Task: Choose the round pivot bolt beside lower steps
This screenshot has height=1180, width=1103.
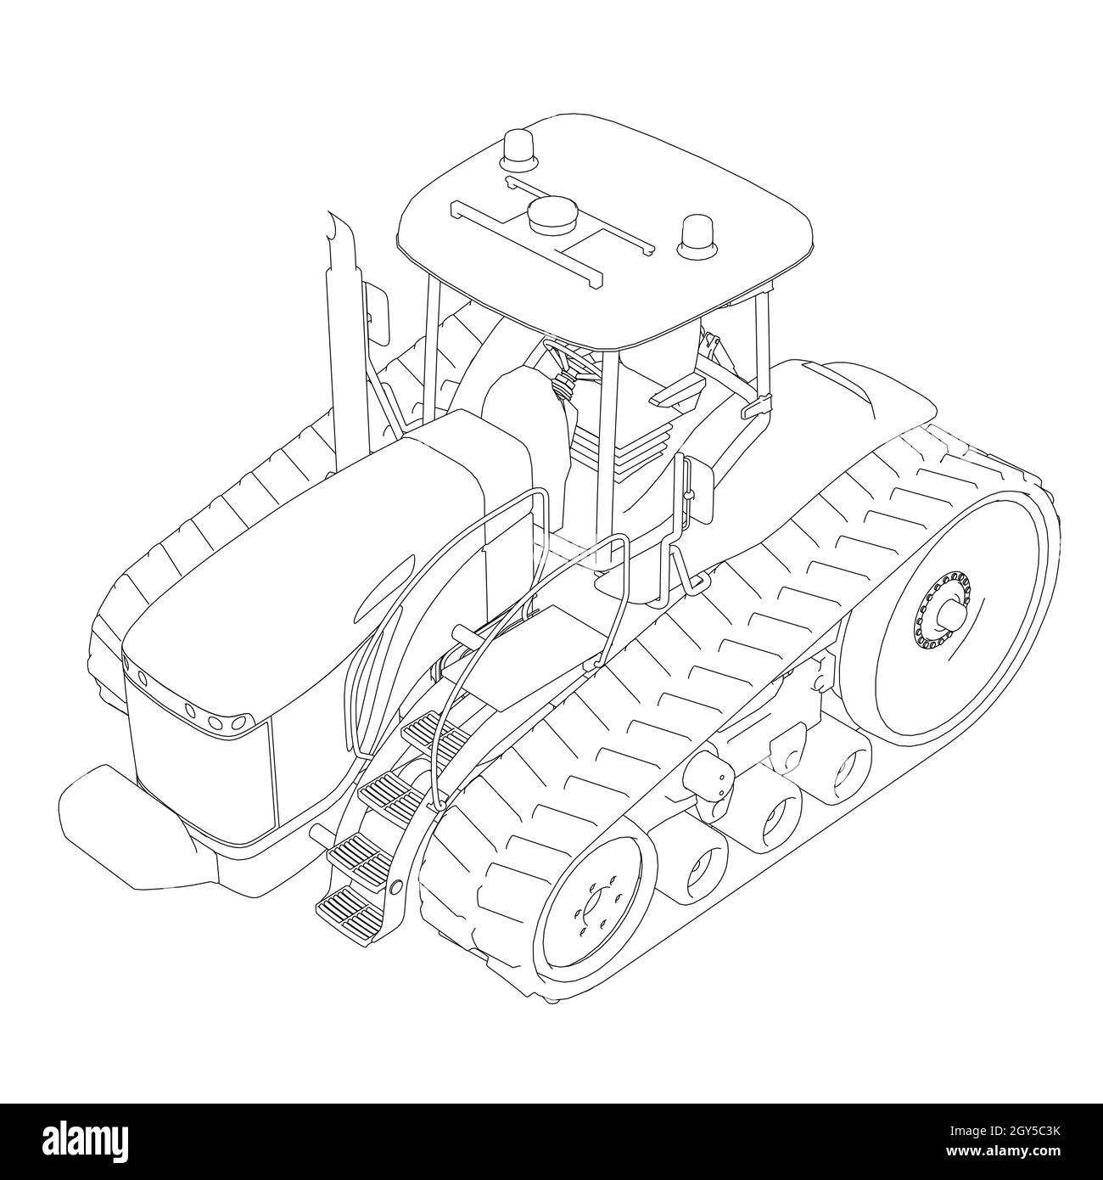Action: pos(395,887)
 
